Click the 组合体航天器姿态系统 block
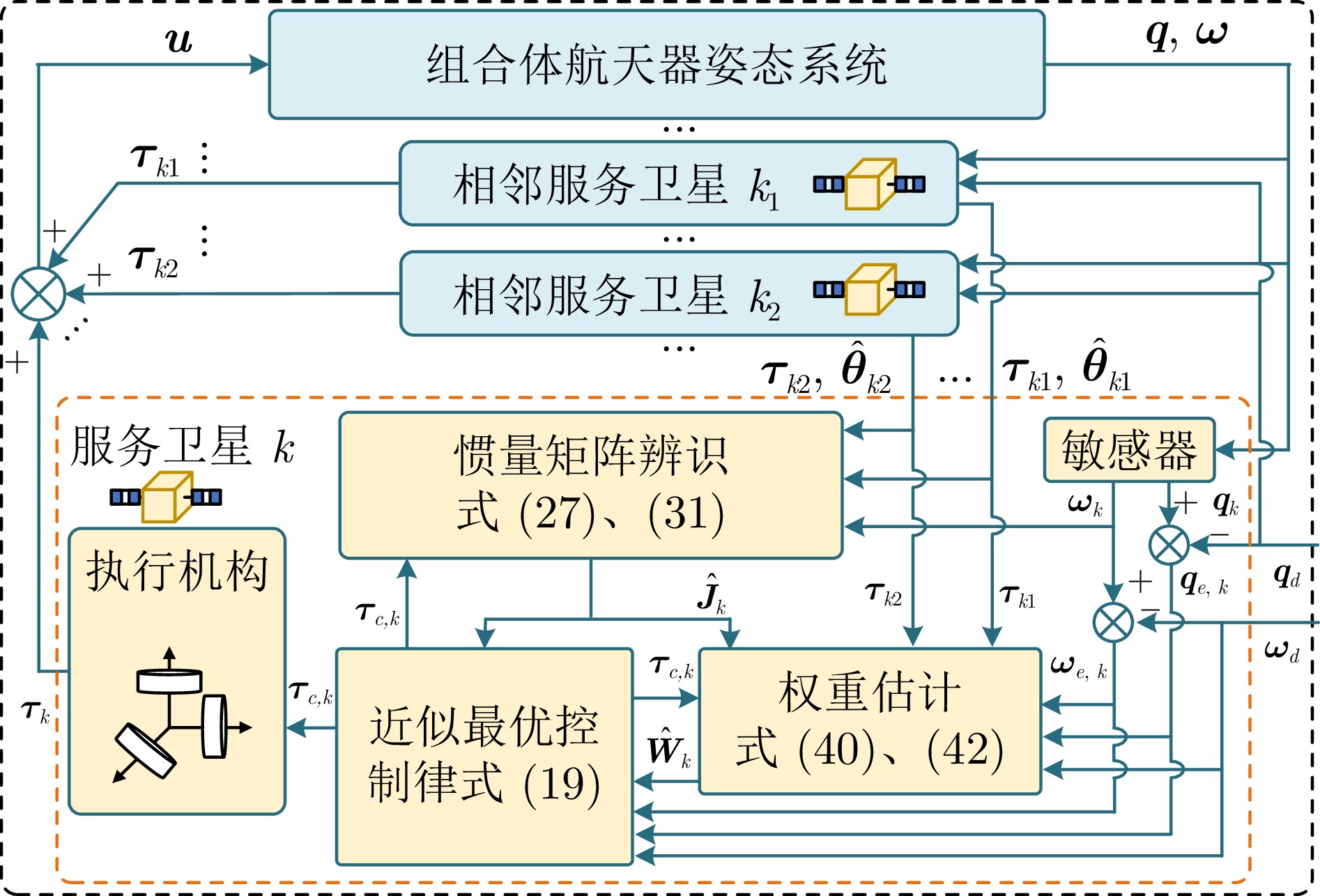(x=656, y=65)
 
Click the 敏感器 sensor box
(x=1128, y=450)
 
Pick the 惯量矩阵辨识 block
(x=590, y=485)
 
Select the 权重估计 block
(x=869, y=721)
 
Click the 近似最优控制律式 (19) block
(x=484, y=756)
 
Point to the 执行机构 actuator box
(x=177, y=670)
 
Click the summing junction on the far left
(x=39, y=294)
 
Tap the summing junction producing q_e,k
(x=1169, y=545)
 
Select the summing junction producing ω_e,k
(x=1113, y=622)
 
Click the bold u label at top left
(x=178, y=40)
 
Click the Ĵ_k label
(x=712, y=594)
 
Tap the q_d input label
(x=1287, y=576)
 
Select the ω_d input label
(x=1282, y=651)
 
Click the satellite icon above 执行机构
(x=166, y=497)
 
